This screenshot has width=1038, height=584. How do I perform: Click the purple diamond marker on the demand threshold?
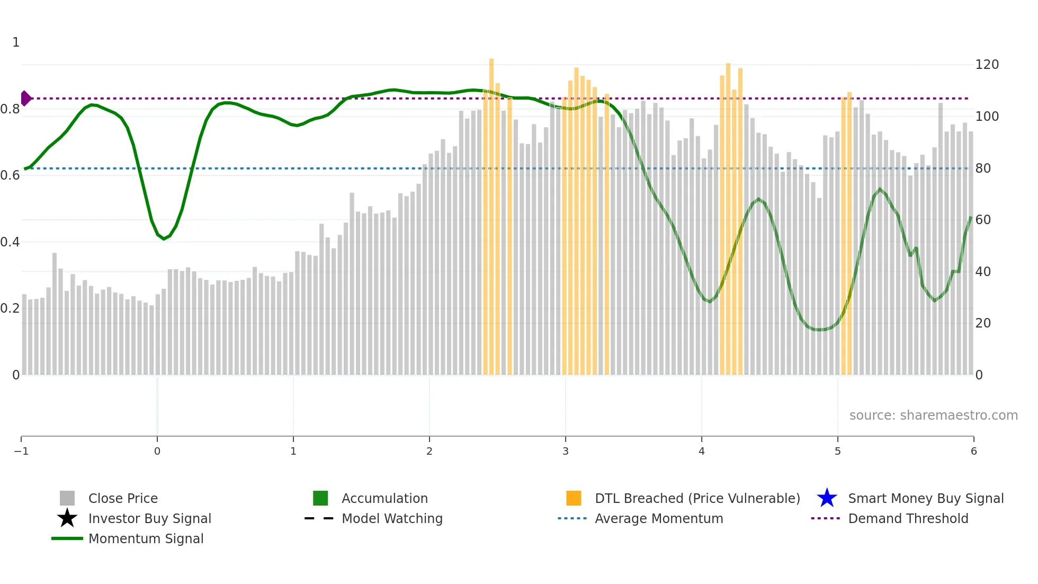point(25,98)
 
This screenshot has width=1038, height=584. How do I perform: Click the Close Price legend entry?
point(122,498)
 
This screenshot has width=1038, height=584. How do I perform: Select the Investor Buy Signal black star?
point(67,518)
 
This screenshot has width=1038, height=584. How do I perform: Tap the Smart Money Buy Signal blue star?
point(827,498)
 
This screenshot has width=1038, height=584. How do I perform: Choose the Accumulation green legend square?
point(320,498)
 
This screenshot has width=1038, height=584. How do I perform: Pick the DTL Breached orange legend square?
point(574,498)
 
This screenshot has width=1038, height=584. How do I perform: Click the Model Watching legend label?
point(392,518)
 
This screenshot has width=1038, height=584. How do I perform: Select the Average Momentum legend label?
point(659,518)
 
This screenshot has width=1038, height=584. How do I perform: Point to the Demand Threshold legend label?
point(908,518)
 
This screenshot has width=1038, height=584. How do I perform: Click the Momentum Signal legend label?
point(146,538)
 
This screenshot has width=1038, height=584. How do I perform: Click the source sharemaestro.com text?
point(933,415)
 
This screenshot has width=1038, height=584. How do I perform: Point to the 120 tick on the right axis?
point(987,65)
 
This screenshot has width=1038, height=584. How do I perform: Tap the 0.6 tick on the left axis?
point(10,175)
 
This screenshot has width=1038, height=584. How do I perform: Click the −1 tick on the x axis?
point(21,451)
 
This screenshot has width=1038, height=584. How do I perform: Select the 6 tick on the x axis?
point(973,451)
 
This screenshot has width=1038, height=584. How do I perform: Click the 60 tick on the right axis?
point(983,220)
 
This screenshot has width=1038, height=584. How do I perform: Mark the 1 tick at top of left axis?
point(16,42)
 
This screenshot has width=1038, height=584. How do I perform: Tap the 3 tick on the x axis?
point(566,451)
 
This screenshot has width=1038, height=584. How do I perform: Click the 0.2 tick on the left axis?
point(10,308)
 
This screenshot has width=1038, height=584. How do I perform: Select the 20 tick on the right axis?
point(983,323)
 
